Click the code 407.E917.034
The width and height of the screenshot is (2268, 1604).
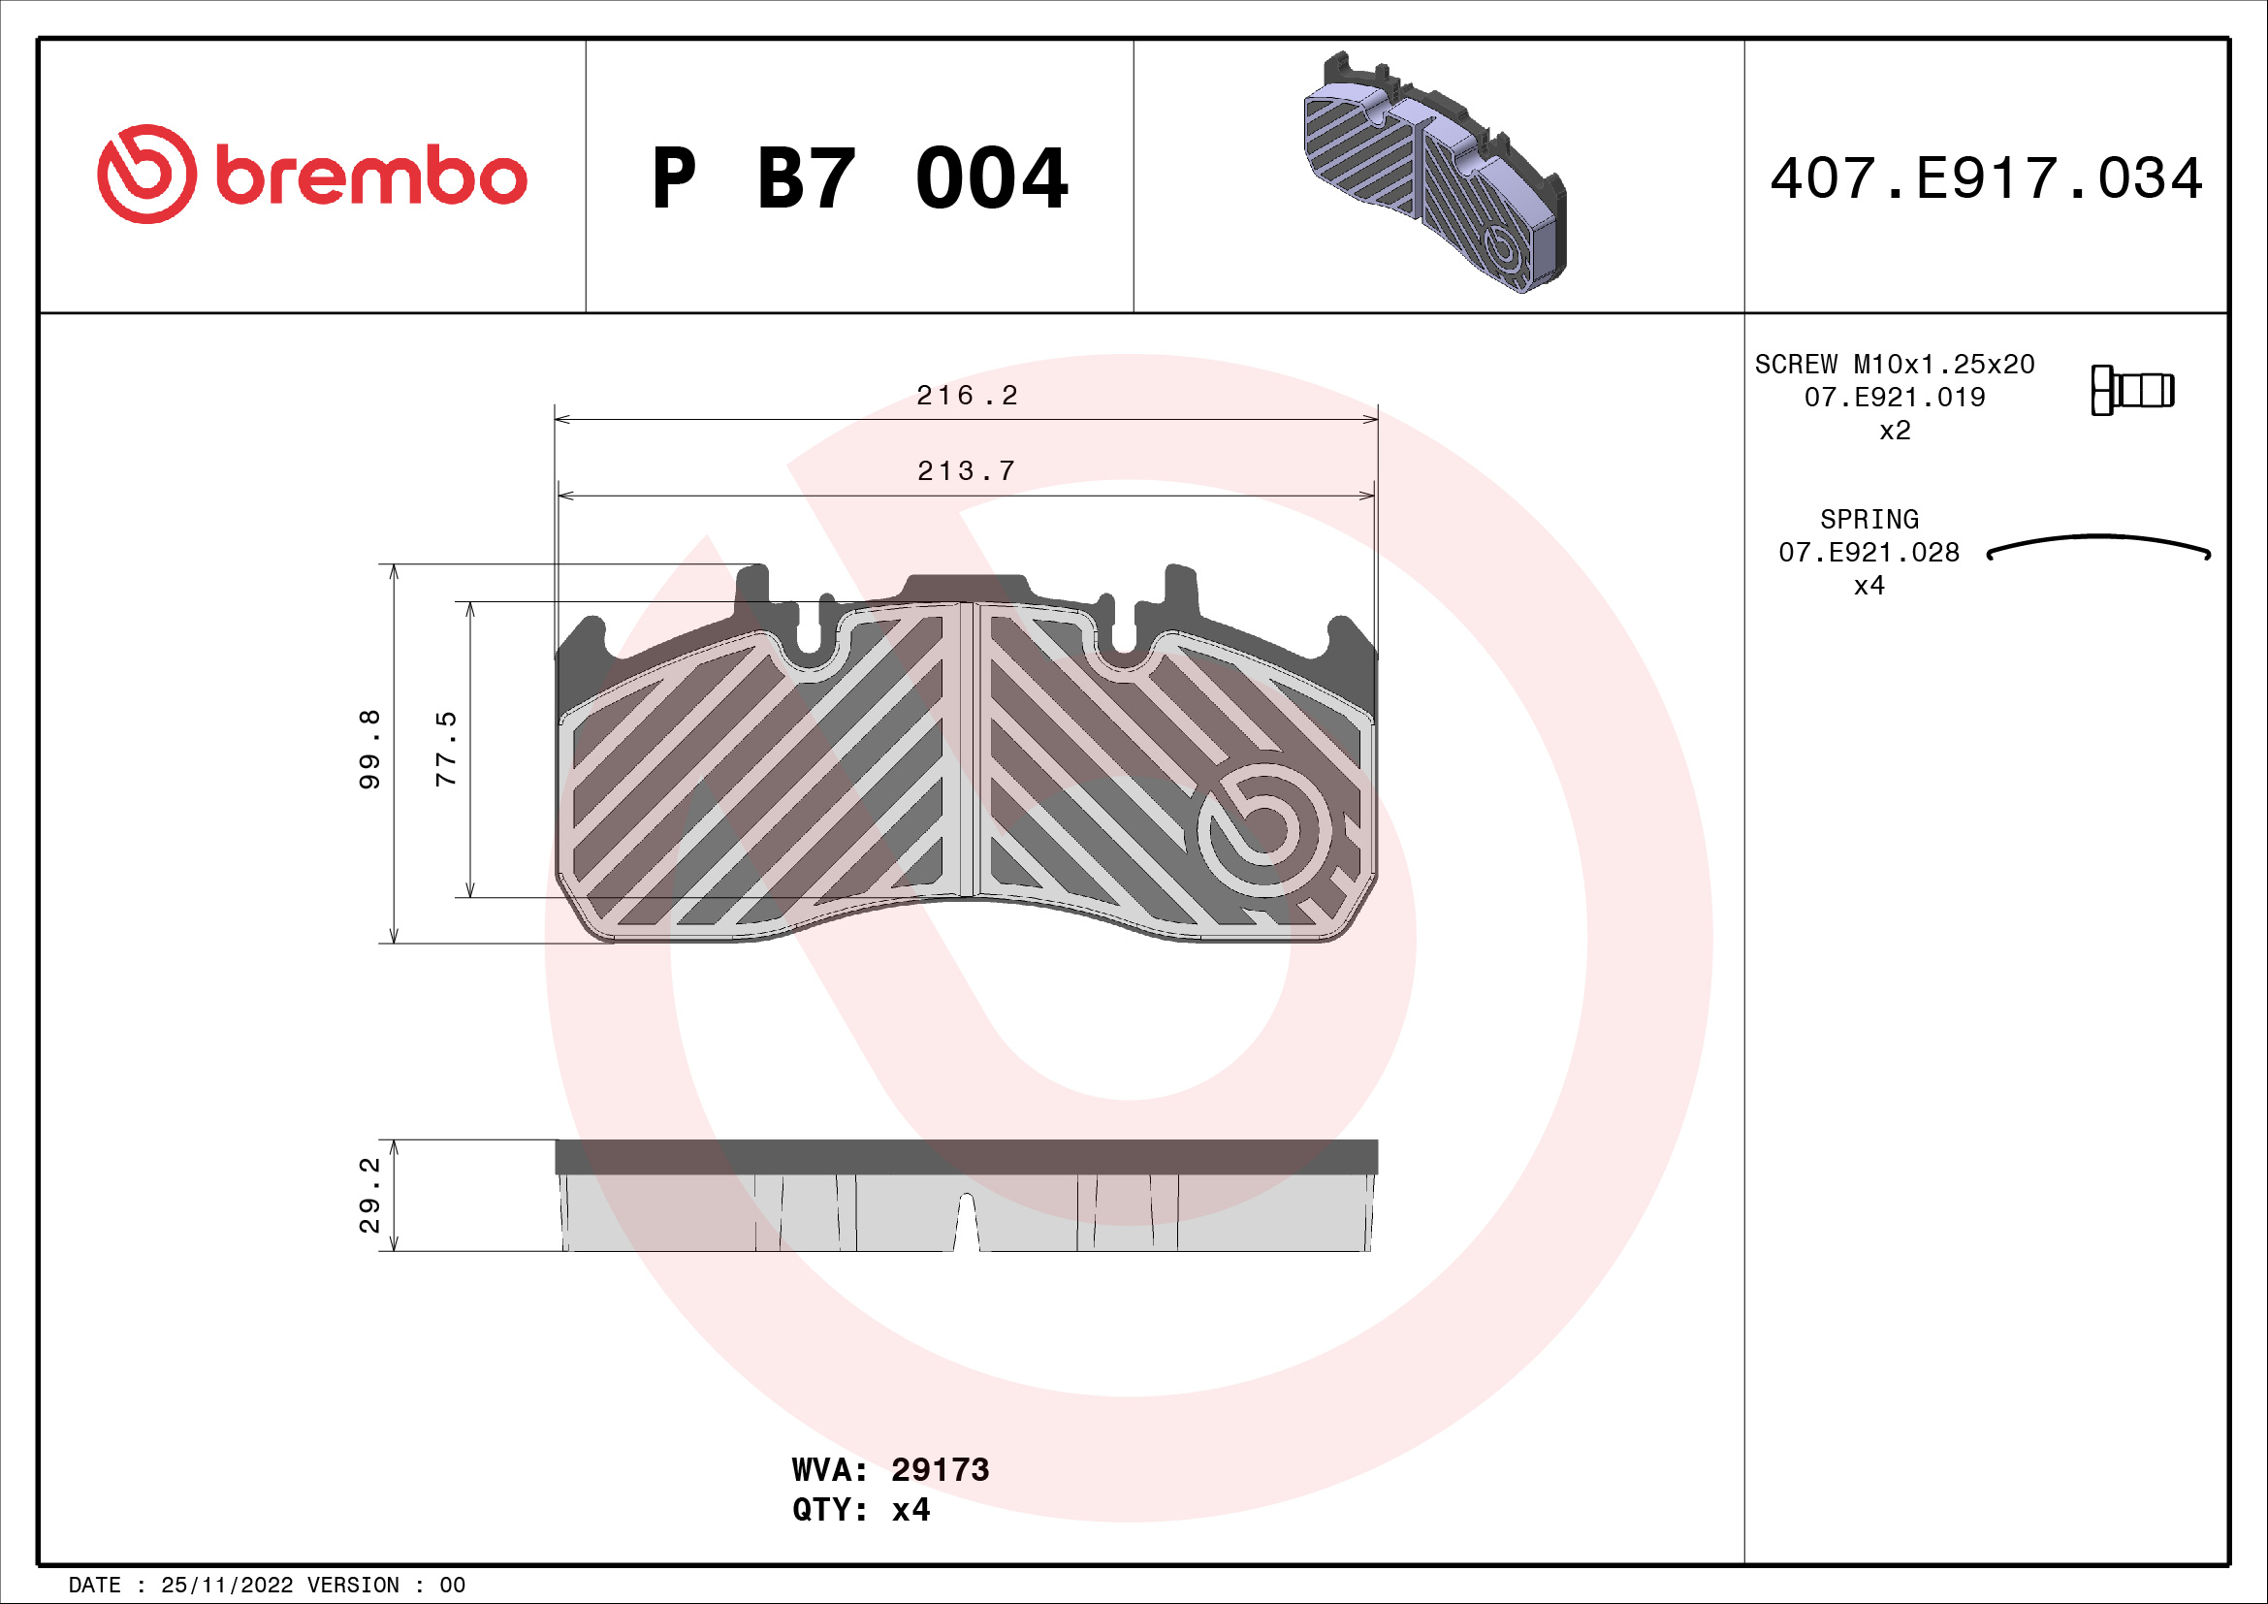coord(1986,178)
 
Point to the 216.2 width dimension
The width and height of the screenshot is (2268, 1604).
coord(966,396)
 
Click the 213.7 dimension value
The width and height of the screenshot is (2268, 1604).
coord(966,471)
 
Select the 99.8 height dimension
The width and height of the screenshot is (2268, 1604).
coord(369,749)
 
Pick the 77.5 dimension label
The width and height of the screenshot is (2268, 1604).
coord(446,749)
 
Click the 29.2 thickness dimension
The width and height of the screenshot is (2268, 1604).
coord(369,1195)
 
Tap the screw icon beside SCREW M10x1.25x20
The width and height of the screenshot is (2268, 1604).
coord(2131,390)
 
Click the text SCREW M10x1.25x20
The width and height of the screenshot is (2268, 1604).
coord(1894,365)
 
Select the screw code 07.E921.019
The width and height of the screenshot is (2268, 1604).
coord(1894,397)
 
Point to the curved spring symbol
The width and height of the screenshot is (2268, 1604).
coord(2098,547)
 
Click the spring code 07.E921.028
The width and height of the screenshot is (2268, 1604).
coord(1869,552)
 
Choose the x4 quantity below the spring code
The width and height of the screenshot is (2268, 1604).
coord(1869,586)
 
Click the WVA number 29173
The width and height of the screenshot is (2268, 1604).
coord(940,1469)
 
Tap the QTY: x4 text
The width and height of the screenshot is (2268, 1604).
coord(860,1510)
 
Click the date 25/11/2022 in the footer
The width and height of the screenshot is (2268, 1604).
coord(226,1586)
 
